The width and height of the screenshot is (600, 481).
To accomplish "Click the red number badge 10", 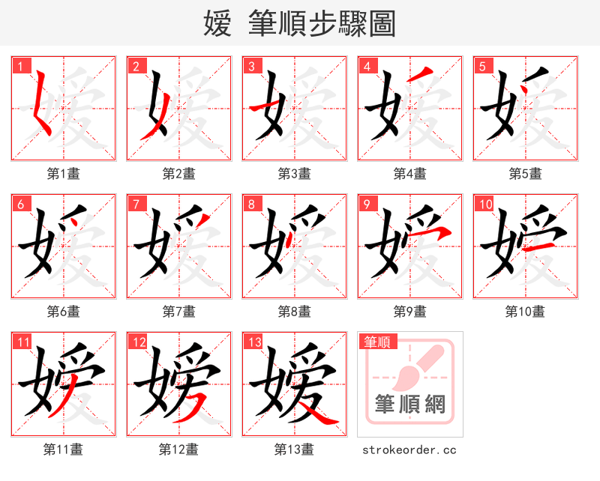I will click(x=484, y=204).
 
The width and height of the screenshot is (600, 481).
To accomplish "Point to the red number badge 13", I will click(x=253, y=342).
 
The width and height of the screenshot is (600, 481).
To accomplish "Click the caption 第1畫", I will click(x=64, y=174).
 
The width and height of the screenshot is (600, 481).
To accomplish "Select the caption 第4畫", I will click(x=410, y=174).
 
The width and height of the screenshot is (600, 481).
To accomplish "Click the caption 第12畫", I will click(x=179, y=450).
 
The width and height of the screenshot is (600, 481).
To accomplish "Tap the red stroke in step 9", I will click(x=435, y=233).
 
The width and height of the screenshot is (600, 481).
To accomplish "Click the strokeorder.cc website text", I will click(x=409, y=450).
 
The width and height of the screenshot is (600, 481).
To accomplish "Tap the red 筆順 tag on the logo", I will click(x=375, y=342).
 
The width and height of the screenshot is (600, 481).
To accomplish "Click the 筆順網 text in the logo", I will click(x=410, y=405).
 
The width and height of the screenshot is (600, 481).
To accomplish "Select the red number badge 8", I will click(x=251, y=204).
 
